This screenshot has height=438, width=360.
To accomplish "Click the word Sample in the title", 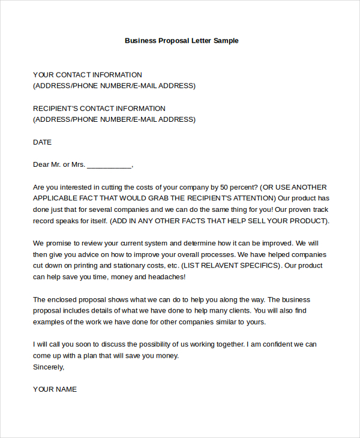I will pos(226,41).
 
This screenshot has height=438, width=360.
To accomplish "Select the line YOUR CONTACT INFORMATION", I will pos(88,75).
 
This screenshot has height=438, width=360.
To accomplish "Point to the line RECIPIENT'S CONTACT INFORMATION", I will pos(99,109).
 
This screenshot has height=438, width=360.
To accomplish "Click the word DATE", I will pos(43,142).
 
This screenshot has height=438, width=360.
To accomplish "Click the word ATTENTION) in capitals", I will pos(253,198).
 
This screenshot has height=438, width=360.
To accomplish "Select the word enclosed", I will pos(62,299).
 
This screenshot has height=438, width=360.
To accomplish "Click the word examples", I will pos(50,322).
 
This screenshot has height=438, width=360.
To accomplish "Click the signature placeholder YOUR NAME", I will pos(55,389).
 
